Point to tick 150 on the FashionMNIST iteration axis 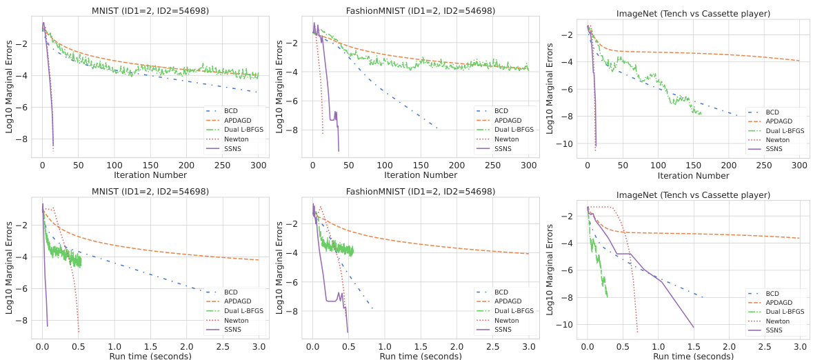click(421, 166)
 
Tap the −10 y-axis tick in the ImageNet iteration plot click(567, 144)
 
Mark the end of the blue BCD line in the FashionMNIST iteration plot click(437, 128)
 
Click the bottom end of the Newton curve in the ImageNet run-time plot click(637, 332)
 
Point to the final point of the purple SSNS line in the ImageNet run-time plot click(694, 327)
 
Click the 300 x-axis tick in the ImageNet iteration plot click(799, 166)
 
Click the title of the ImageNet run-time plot click(692, 195)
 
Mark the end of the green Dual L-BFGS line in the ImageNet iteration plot click(701, 114)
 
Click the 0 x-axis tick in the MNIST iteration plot click(42, 166)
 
